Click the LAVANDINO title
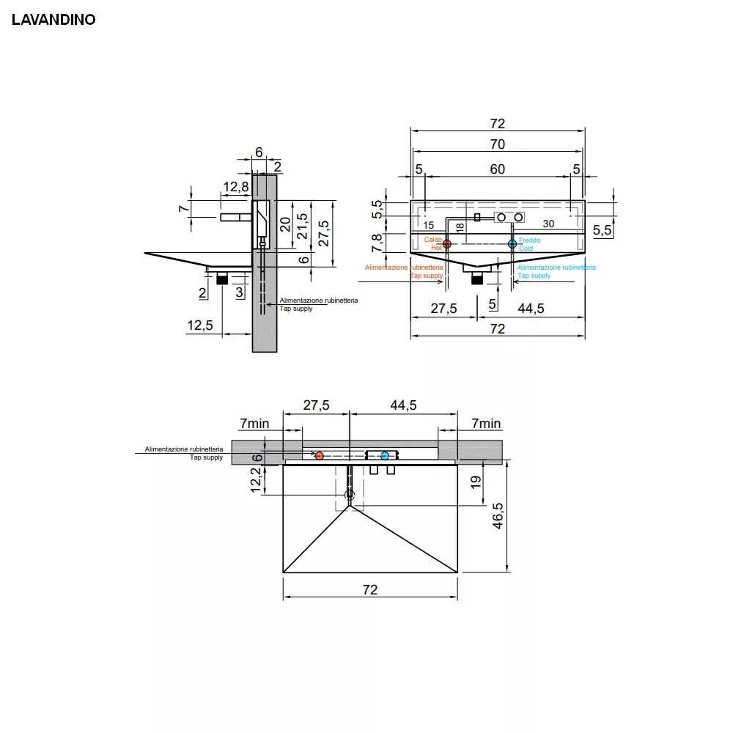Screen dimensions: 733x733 [x=54, y=20]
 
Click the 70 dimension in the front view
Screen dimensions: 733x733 [x=498, y=144]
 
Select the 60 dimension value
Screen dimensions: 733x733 [x=498, y=169]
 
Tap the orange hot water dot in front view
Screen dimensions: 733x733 [x=447, y=243]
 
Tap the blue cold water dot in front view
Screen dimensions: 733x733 [x=512, y=243]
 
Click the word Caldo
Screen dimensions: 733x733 [x=433, y=240]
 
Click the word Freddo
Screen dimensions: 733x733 [x=530, y=240]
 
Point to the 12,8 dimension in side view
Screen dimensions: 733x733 [x=236, y=187]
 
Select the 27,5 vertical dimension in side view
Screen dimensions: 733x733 [x=323, y=233]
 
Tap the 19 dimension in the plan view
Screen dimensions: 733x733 [x=475, y=482]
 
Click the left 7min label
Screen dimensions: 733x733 [x=255, y=424]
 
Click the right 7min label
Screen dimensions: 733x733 [x=486, y=424]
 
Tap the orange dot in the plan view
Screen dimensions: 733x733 [x=319, y=456]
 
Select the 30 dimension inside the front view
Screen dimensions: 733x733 [x=548, y=224]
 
